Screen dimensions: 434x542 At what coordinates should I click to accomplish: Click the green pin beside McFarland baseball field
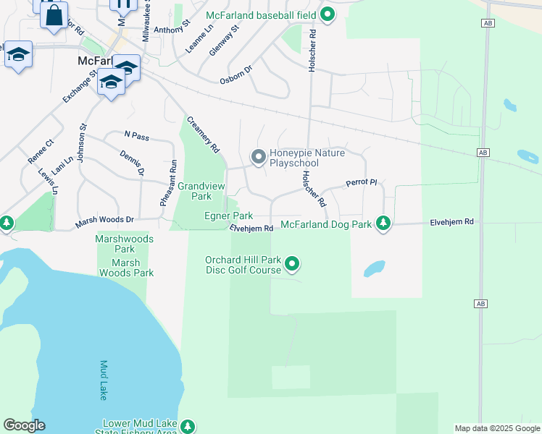point(328,14)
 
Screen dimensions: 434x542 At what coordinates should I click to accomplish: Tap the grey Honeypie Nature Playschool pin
point(257,157)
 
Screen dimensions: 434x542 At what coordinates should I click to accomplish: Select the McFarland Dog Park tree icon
point(383,224)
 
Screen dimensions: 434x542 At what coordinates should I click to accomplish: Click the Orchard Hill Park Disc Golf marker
point(292,264)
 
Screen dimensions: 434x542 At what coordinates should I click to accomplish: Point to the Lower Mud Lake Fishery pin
point(188,427)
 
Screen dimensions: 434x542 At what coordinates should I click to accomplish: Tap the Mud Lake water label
point(104,380)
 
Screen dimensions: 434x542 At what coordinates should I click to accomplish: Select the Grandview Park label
point(201,191)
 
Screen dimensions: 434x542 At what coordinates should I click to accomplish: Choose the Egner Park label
point(228,216)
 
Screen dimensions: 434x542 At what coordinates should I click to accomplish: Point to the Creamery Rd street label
point(203,135)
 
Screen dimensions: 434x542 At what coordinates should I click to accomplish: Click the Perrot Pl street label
point(362,183)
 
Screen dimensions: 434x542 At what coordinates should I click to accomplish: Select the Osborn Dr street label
point(236,75)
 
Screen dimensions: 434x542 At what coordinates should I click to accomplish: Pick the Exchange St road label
point(80,86)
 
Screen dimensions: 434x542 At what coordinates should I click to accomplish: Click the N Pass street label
point(136,135)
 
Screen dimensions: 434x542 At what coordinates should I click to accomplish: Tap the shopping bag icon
point(53,15)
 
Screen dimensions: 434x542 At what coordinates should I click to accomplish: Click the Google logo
point(24,425)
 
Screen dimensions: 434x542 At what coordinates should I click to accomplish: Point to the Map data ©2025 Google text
point(497,428)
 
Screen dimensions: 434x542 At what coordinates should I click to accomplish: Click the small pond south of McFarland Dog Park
point(374,269)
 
